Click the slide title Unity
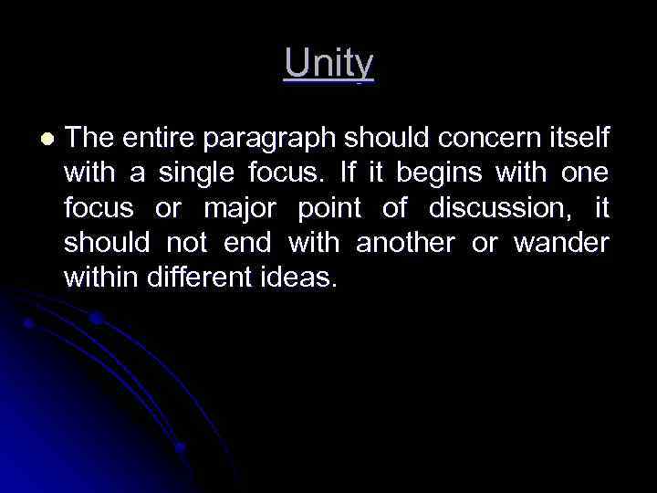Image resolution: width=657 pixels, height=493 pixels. click(x=328, y=64)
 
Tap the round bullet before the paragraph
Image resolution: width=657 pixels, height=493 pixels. click(x=47, y=138)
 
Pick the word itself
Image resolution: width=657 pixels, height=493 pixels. click(x=578, y=138)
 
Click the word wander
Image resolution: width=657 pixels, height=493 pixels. click(x=560, y=244)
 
